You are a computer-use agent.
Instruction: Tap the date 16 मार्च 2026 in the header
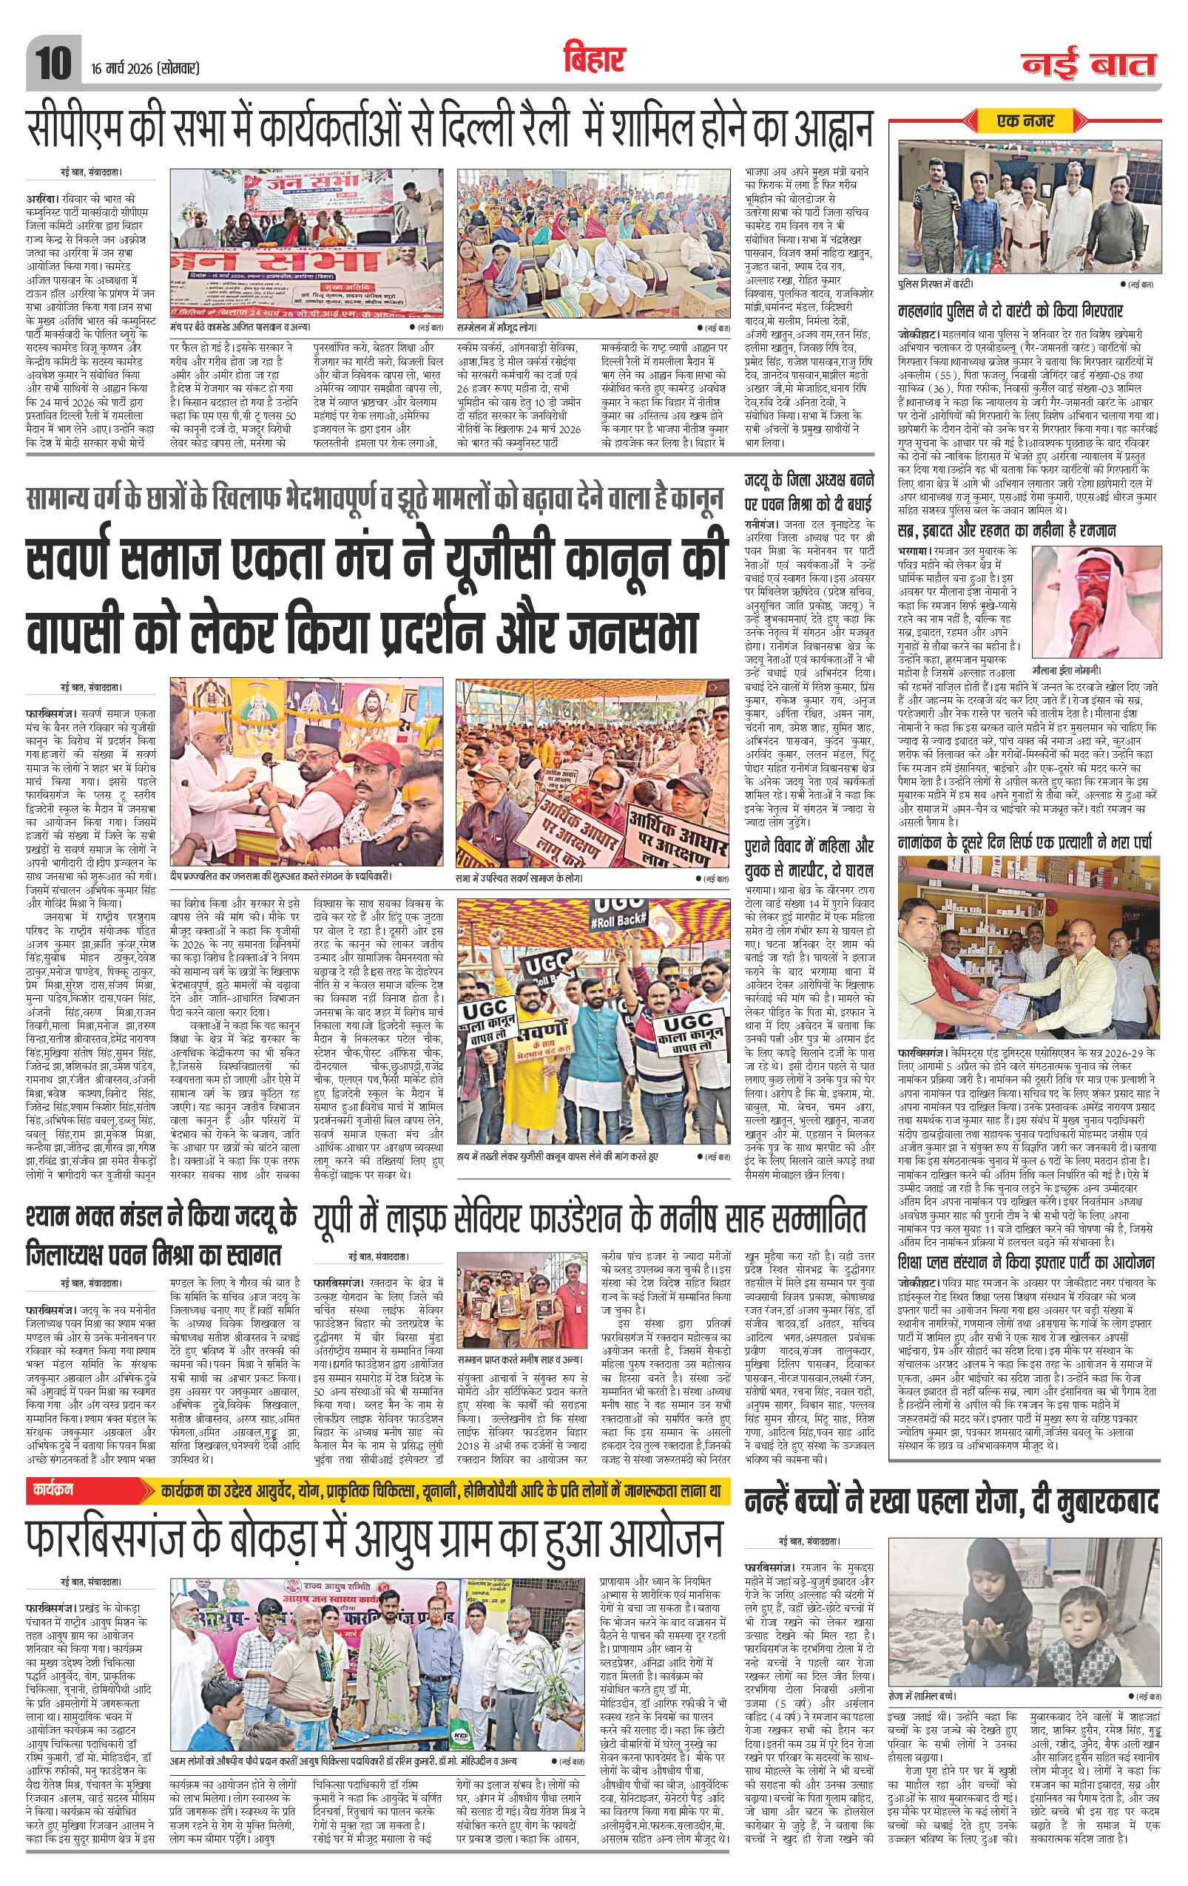pos(145,68)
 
